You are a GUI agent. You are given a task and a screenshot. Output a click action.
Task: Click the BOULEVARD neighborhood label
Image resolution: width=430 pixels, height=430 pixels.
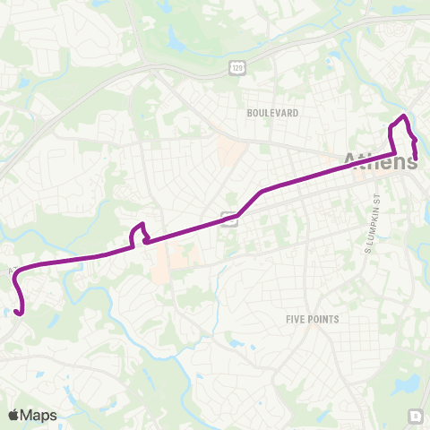coord(272,113)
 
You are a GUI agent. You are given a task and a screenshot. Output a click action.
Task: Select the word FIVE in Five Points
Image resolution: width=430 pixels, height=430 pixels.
coord(297,318)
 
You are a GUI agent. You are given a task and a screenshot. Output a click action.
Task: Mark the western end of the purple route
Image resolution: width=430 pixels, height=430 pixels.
coord(19,313)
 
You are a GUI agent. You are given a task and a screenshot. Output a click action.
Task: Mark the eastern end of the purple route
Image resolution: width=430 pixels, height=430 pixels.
coord(416,159)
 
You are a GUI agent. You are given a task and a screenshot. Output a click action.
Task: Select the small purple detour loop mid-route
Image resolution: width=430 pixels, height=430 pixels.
coord(138,234)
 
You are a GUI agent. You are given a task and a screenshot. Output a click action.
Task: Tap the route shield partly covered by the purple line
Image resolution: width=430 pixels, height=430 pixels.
coord(230,218)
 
